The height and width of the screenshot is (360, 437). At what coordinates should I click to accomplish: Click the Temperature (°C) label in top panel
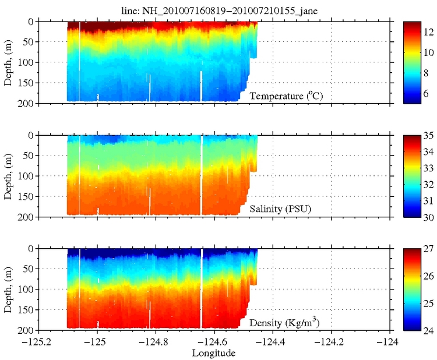[286, 96]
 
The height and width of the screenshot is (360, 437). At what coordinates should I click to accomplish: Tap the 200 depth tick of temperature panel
[27, 104]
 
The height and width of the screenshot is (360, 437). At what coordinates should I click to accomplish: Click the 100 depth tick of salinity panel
[27, 176]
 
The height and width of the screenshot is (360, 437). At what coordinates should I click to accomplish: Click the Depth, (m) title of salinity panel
[8, 176]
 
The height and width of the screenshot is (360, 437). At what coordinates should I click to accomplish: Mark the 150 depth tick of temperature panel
[27, 83]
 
